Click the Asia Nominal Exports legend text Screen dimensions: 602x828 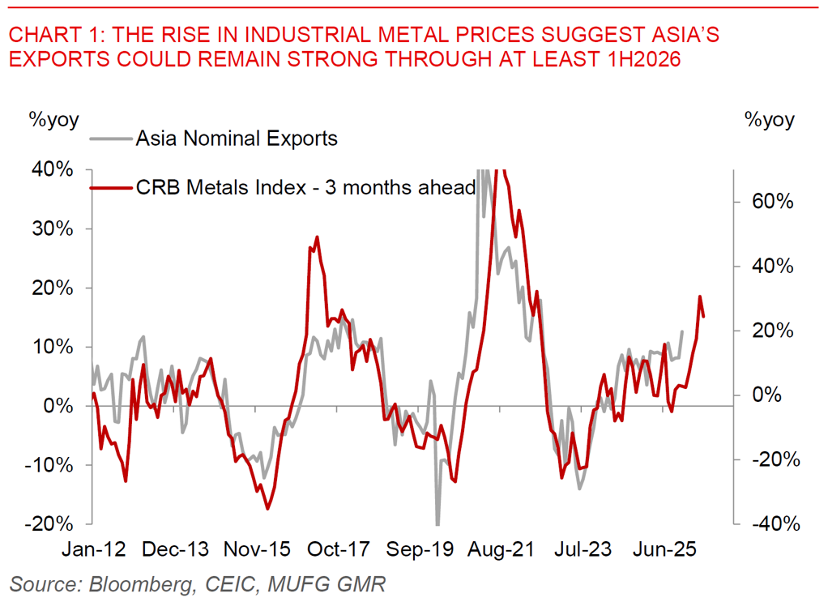coord(237,138)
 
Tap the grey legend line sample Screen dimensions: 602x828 coord(110,139)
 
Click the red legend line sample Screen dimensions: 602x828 coord(110,187)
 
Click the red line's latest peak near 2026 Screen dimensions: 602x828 coord(699,297)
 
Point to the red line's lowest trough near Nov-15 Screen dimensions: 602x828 coord(267,509)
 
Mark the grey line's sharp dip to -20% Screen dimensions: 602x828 coord(437,524)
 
